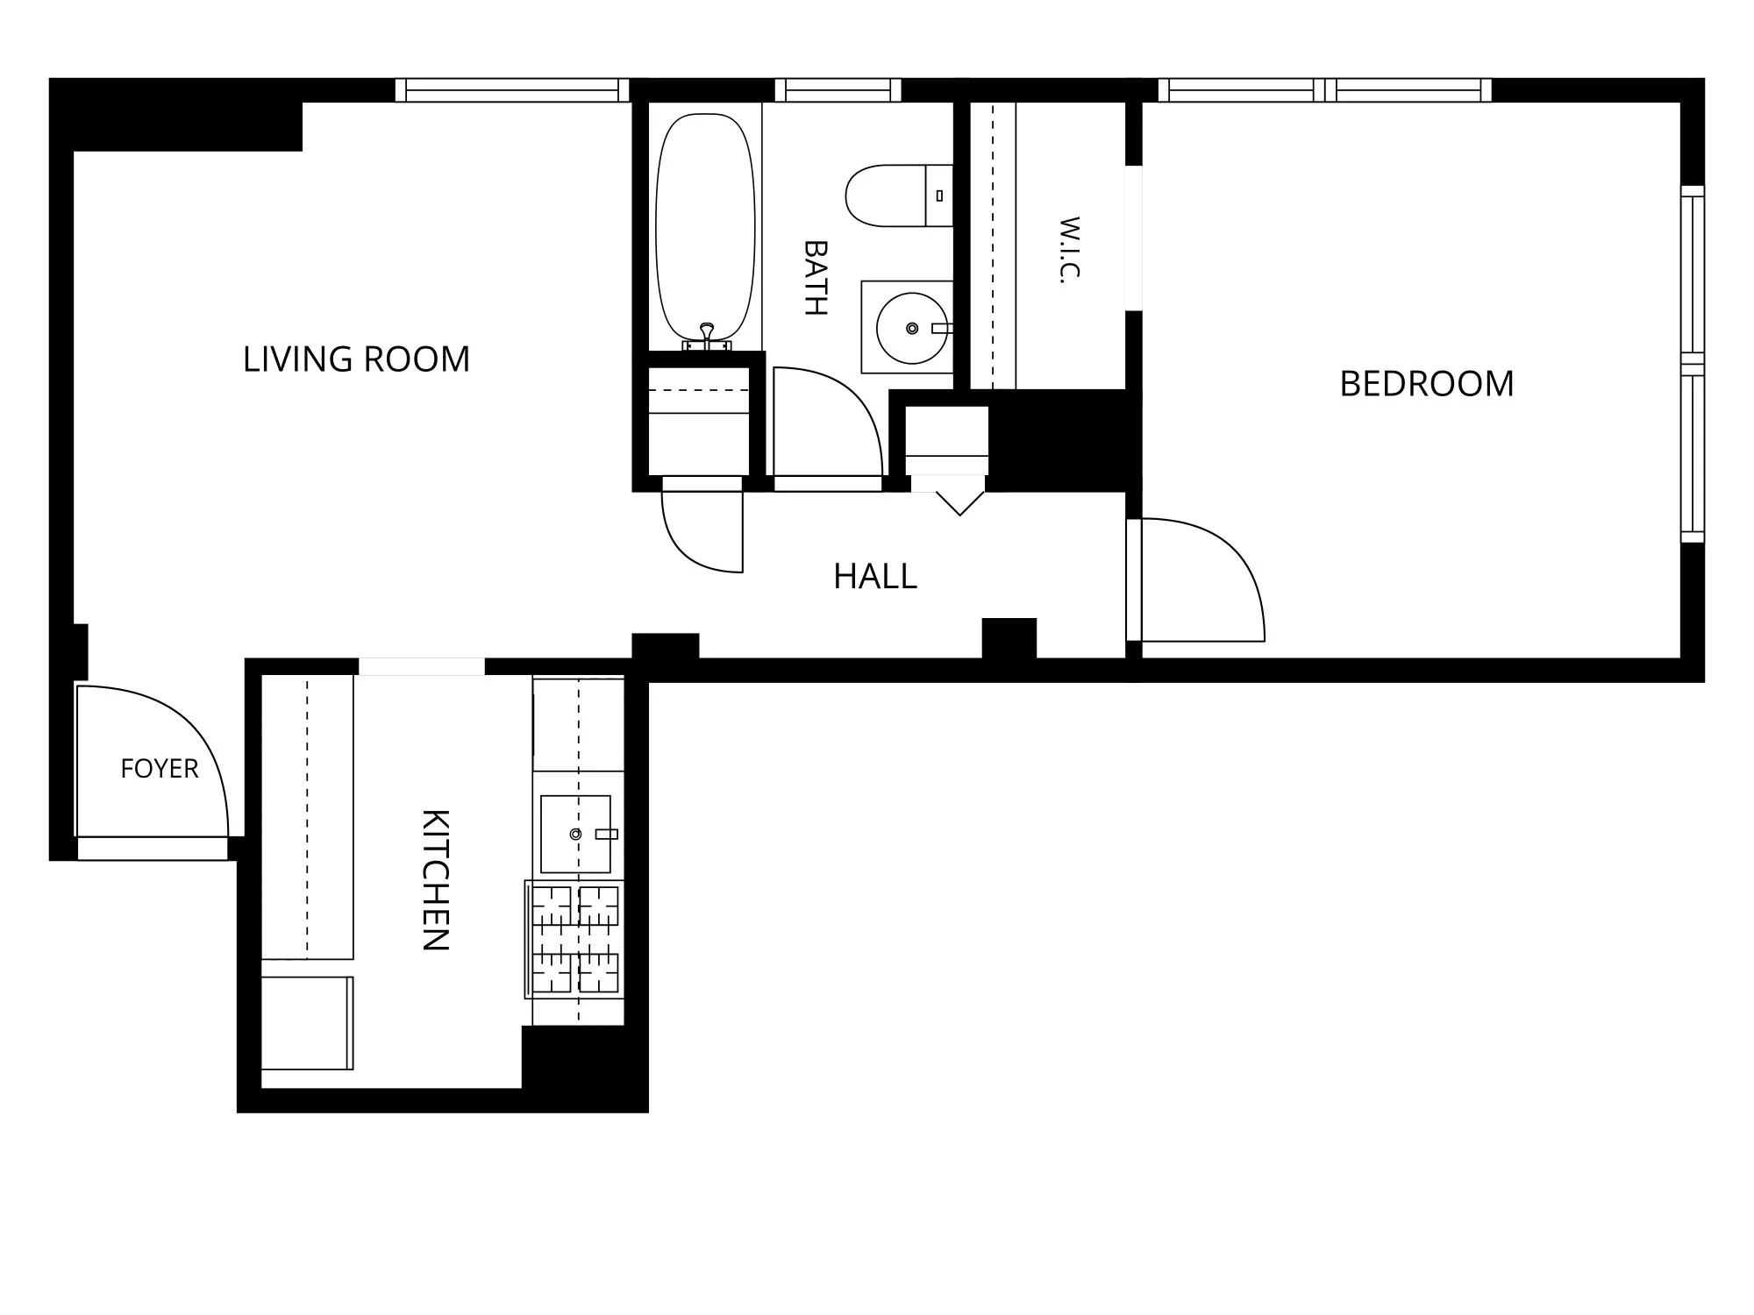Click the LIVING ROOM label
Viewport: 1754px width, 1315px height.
(356, 359)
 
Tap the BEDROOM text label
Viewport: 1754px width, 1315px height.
(1427, 384)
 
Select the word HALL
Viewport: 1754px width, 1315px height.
(875, 576)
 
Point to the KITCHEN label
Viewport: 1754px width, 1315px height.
(436, 879)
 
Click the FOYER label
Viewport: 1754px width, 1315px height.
(160, 769)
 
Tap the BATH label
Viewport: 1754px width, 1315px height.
(816, 277)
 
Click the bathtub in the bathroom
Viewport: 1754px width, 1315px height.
(706, 228)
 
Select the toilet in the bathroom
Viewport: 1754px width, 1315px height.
(899, 195)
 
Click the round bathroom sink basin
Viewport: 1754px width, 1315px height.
(912, 328)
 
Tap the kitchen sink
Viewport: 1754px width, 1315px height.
(575, 834)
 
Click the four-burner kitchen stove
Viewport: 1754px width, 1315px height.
(574, 939)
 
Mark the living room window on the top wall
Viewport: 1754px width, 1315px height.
(512, 90)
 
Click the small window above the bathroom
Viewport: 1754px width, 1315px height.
(838, 90)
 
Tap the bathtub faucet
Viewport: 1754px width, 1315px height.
(707, 337)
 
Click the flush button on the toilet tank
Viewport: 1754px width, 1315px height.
(939, 195)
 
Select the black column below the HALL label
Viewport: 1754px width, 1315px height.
(1009, 638)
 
